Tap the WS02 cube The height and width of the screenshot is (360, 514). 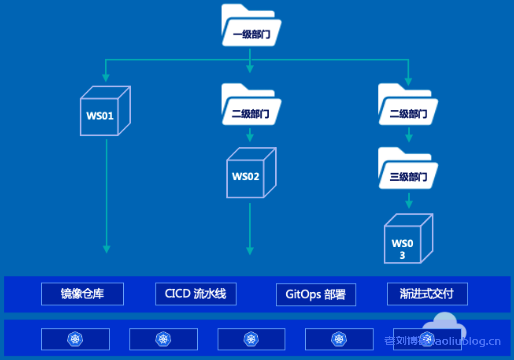pyautogui.click(x=251, y=173)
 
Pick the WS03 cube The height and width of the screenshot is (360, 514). pyautogui.click(x=407, y=239)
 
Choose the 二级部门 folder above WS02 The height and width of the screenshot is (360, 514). pyautogui.click(x=251, y=105)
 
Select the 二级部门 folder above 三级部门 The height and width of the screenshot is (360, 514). pyautogui.click(x=408, y=105)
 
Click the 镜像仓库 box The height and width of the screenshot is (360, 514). pyautogui.click(x=82, y=294)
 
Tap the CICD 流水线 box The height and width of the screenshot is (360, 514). pyautogui.click(x=195, y=294)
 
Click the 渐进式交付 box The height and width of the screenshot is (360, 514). pyautogui.click(x=427, y=294)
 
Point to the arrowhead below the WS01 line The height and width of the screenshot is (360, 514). pyautogui.click(x=106, y=248)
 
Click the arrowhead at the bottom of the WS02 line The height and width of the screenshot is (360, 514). pyautogui.click(x=250, y=250)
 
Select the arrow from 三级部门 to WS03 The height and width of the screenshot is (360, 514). pyautogui.click(x=409, y=201)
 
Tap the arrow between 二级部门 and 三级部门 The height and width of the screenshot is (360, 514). pyautogui.click(x=409, y=135)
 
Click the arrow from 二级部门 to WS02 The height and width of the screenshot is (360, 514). pyautogui.click(x=250, y=135)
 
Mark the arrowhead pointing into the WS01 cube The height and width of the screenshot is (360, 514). pyautogui.click(x=106, y=77)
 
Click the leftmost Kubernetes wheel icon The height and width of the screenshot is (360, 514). pyautogui.click(x=75, y=339)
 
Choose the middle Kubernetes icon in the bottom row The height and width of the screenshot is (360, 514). pyautogui.click(x=251, y=339)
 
